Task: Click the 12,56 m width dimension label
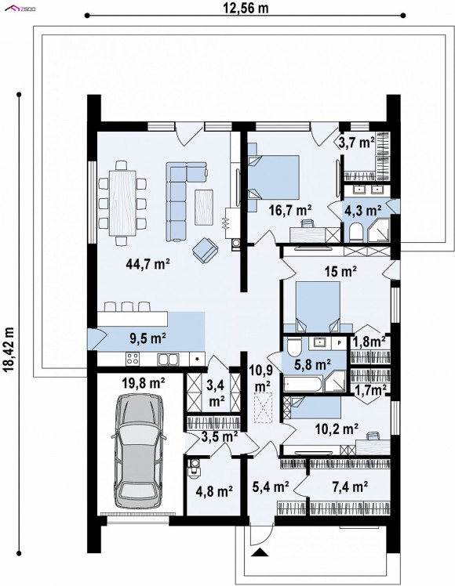click(x=246, y=8)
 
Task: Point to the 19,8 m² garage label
click(x=144, y=382)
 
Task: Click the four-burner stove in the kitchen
click(x=133, y=359)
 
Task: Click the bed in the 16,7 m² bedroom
click(x=274, y=177)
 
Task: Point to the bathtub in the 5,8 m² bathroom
click(x=302, y=384)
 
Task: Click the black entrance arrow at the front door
click(x=260, y=552)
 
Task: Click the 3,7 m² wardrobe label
click(x=357, y=143)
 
